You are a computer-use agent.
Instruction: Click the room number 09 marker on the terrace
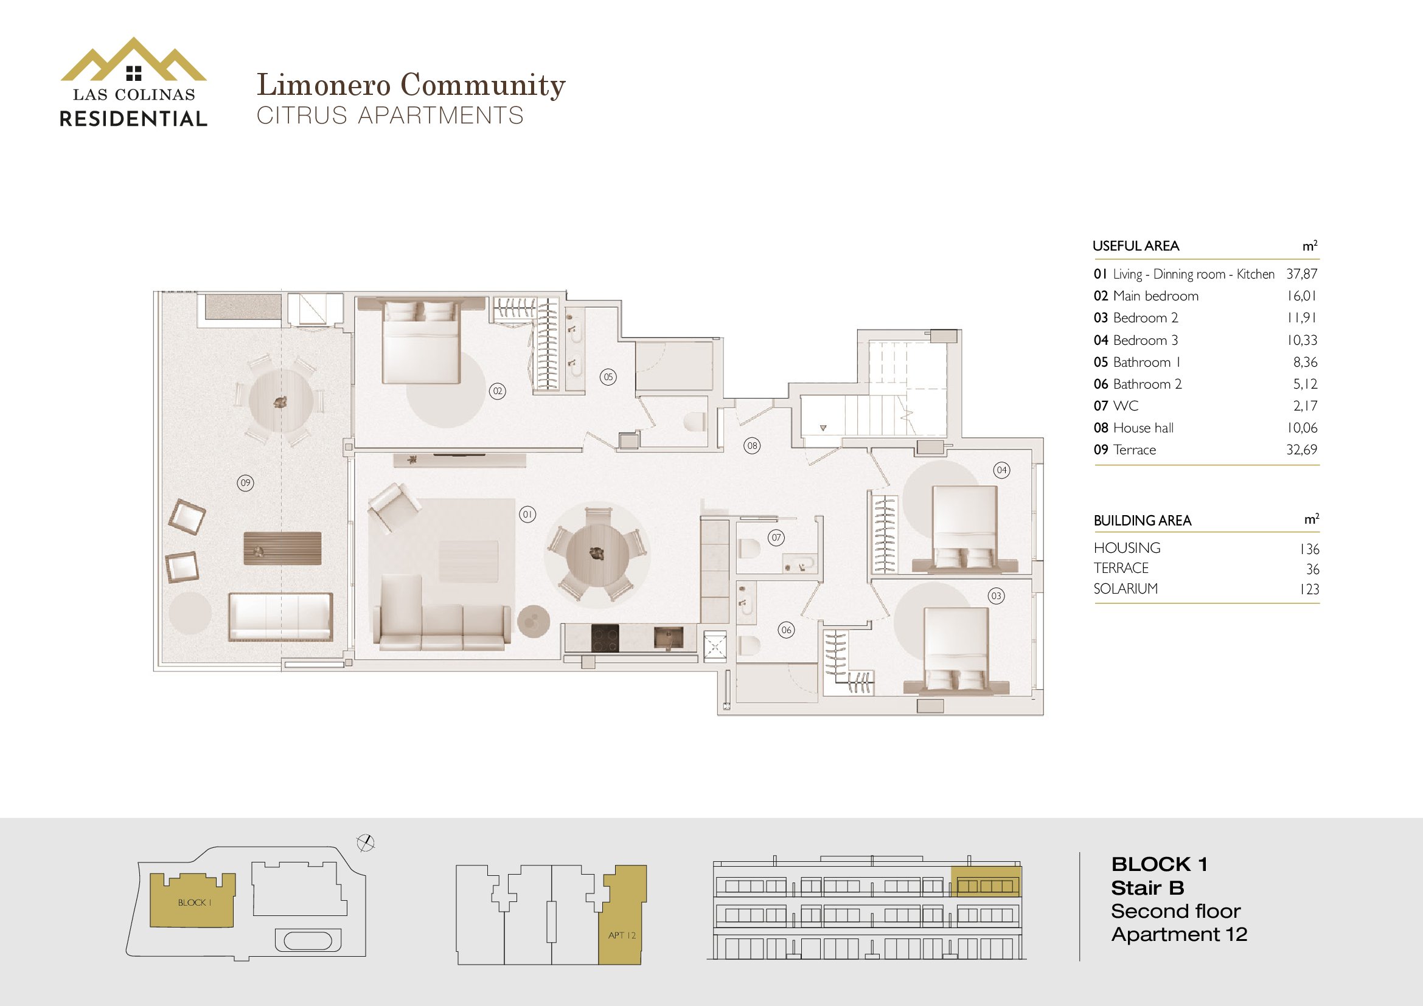pos(245,482)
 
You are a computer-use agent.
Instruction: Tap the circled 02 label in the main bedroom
pos(497,391)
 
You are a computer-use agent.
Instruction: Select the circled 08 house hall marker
pos(752,445)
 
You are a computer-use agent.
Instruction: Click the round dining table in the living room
pos(597,553)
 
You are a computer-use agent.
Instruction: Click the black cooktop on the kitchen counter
pos(604,638)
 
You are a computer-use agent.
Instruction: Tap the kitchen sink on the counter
pos(669,637)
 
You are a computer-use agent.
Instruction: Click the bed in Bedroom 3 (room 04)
pos(964,527)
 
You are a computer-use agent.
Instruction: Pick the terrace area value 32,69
pos(1301,449)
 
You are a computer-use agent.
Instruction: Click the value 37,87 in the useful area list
pos(1301,274)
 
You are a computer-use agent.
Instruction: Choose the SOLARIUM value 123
pos(1309,589)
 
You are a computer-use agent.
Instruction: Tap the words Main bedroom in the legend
pos(1155,296)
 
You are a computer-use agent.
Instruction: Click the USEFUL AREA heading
pos(1135,246)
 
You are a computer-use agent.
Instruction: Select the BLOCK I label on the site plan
pos(195,903)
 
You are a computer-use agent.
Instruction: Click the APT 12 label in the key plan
pos(622,935)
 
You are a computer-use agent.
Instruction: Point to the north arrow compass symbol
pos(366,842)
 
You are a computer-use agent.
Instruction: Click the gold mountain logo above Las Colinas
pos(133,60)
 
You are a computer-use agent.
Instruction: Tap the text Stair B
pos(1147,888)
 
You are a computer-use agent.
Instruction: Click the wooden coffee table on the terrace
pos(283,548)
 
